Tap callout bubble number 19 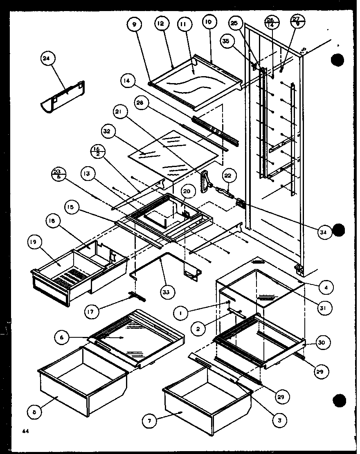[x=34, y=242]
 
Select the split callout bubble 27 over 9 [x=296, y=21]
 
